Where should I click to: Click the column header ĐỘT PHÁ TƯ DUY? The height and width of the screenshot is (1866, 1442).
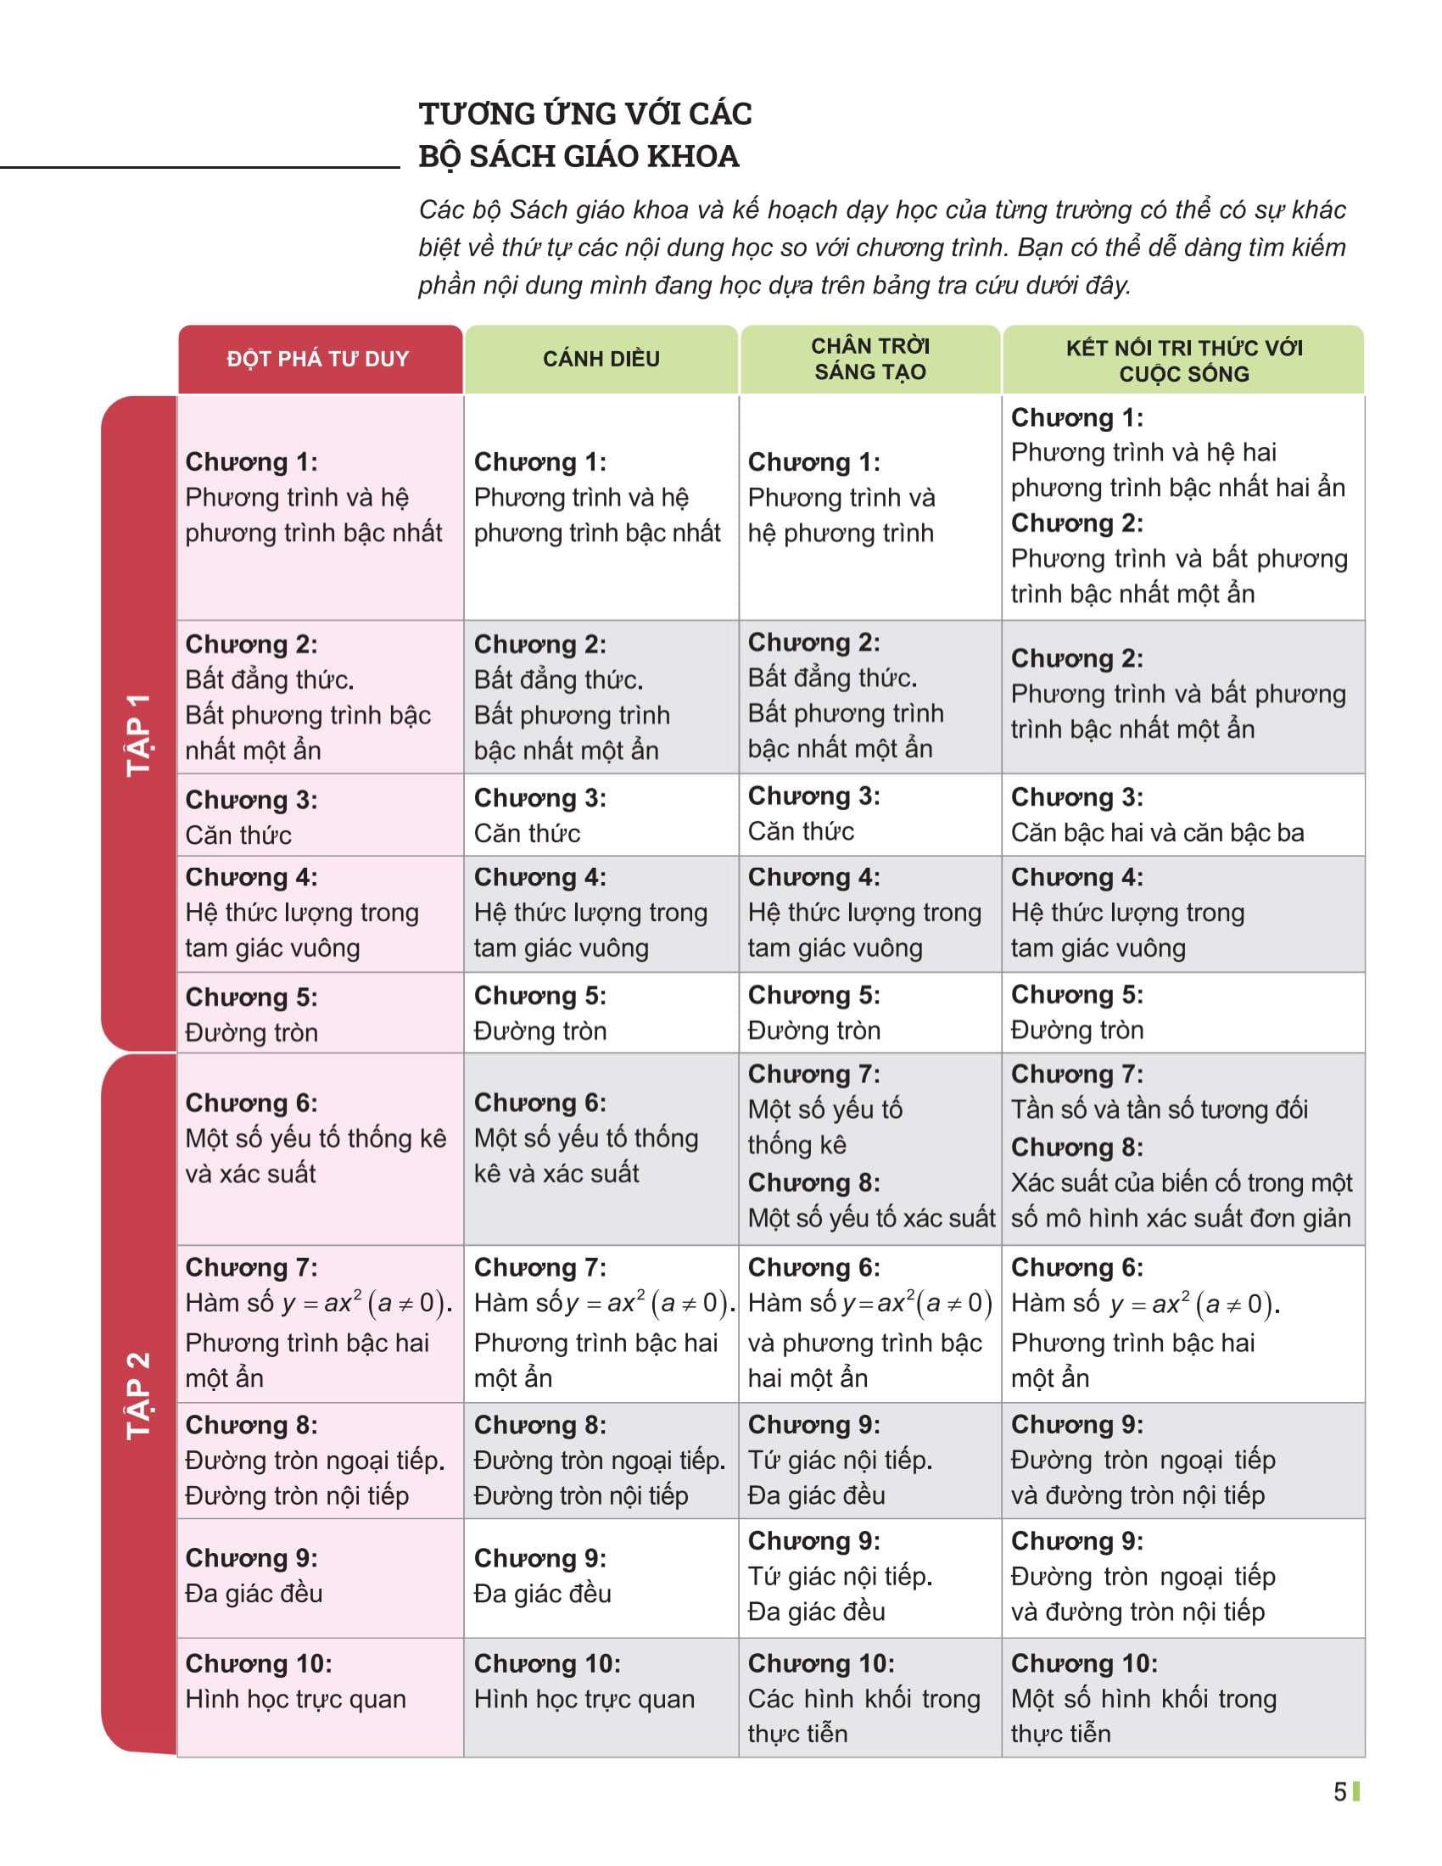pos(318,359)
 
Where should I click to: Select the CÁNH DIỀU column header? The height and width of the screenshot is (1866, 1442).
pos(601,359)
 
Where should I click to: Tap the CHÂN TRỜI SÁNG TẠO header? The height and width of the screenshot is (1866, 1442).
pos(869,359)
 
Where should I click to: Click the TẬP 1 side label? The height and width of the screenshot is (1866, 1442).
pos(138,734)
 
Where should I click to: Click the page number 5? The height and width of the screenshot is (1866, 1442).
pos(1339,1791)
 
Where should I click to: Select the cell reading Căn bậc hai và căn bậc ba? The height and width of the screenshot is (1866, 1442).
pos(1157,833)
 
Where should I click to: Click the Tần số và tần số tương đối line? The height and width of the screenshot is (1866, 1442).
pos(1159,1109)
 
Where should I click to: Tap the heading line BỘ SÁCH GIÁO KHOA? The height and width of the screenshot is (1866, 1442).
pos(578,156)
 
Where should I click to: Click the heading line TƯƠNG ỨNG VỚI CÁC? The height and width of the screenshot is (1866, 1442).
pos(585,114)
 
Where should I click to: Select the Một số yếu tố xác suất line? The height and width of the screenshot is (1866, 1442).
pos(871,1217)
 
